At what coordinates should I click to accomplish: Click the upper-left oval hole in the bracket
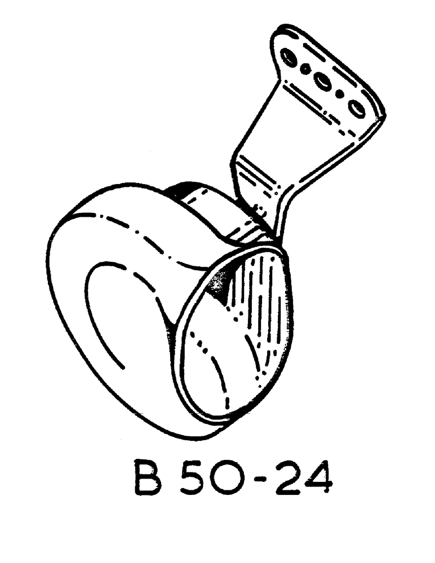[288, 57]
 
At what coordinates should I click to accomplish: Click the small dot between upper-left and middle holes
[305, 69]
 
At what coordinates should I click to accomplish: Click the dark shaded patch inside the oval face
[219, 284]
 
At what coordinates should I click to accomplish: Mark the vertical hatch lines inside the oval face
[265, 304]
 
